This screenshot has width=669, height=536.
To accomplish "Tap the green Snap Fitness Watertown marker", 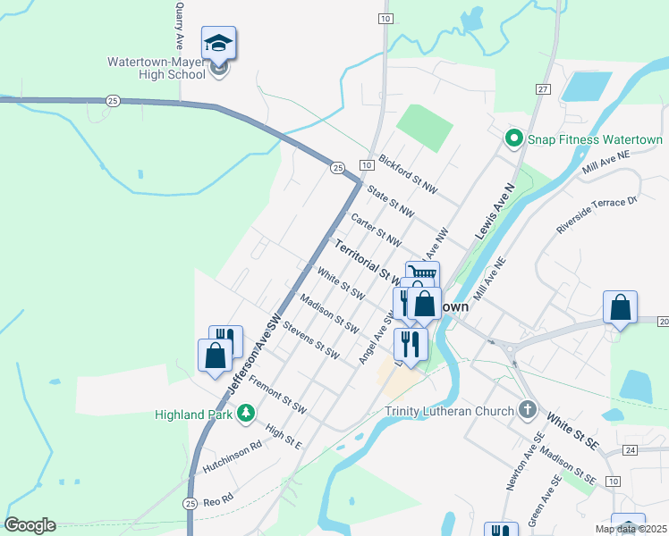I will point(513,139).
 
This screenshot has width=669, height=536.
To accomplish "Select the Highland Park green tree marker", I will point(244,414).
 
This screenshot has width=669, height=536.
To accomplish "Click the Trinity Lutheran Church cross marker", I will point(528,411).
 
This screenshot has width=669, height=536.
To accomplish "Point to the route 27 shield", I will point(543,89).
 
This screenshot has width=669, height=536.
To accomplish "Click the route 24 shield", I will point(631,449).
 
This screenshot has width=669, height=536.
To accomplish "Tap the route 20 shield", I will point(663,321).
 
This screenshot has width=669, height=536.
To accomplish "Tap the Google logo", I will point(30,525).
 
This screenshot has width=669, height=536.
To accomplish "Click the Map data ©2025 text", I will point(631,529).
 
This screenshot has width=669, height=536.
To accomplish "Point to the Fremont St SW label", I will point(278,397).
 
